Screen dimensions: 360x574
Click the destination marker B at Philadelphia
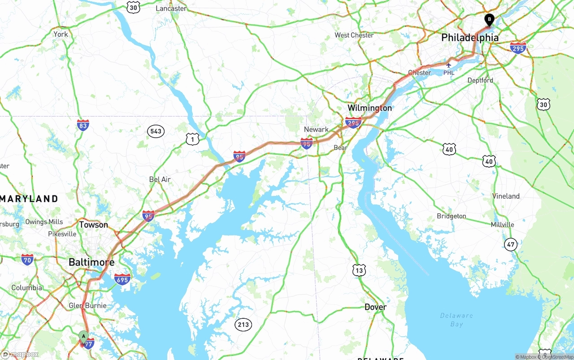point(489,19)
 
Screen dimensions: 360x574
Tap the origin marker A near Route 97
point(83,336)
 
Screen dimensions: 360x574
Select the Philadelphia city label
point(470,38)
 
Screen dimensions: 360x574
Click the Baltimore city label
point(91,262)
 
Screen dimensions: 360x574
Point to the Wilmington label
point(370,108)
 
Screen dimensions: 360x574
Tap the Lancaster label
point(171,9)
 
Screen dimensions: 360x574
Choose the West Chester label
point(354,35)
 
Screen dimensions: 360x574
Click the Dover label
point(375,307)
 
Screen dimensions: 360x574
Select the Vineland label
point(506,196)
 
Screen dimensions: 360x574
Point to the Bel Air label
point(160,179)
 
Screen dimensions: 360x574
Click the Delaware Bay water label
point(457,319)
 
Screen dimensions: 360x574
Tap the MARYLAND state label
point(29,199)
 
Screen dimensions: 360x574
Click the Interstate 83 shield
point(83,125)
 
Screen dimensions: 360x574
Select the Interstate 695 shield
point(122,279)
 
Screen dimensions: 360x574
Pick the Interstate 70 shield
point(27,259)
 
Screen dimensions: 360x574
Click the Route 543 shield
point(156,131)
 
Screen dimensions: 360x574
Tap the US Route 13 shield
point(359,270)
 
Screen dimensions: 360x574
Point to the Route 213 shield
point(244,325)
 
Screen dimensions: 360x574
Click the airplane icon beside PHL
point(448,65)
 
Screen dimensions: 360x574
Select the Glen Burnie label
point(88,306)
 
